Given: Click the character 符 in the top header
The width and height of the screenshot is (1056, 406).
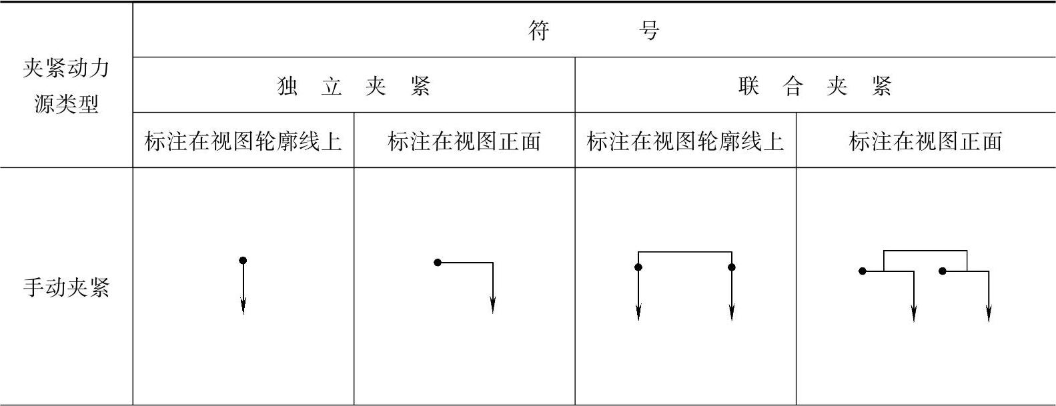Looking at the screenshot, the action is pyautogui.click(x=539, y=31).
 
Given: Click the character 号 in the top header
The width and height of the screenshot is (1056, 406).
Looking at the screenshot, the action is pyautogui.click(x=648, y=31).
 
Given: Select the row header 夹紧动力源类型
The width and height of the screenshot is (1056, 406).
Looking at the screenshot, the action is pyautogui.click(x=66, y=86).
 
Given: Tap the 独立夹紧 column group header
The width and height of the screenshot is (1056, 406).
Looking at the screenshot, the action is pyautogui.click(x=354, y=86).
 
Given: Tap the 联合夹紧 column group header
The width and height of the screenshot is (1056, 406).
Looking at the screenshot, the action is pyautogui.click(x=815, y=86).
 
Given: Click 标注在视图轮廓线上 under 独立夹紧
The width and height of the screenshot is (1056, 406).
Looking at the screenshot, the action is pyautogui.click(x=243, y=141).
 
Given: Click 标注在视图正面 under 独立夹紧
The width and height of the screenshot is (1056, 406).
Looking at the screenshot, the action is pyautogui.click(x=464, y=141).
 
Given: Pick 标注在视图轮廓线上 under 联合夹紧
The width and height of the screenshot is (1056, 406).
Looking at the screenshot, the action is pyautogui.click(x=685, y=141).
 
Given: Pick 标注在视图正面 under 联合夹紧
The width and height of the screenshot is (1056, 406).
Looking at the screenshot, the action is pyautogui.click(x=925, y=141).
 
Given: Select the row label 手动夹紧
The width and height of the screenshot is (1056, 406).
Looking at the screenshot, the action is pyautogui.click(x=66, y=288).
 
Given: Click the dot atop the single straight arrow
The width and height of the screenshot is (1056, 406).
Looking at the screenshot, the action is pyautogui.click(x=243, y=260).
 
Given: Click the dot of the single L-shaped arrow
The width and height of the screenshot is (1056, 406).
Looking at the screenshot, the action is pyautogui.click(x=438, y=263).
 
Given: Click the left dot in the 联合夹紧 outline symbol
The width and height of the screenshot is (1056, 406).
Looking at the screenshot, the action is pyautogui.click(x=638, y=267).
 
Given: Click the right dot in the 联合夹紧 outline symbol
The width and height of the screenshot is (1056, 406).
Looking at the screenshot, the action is pyautogui.click(x=732, y=267).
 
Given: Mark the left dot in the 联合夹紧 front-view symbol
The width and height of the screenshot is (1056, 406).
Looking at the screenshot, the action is pyautogui.click(x=863, y=271).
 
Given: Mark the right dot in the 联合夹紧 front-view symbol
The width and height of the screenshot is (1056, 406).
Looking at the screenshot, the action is pyautogui.click(x=942, y=271).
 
